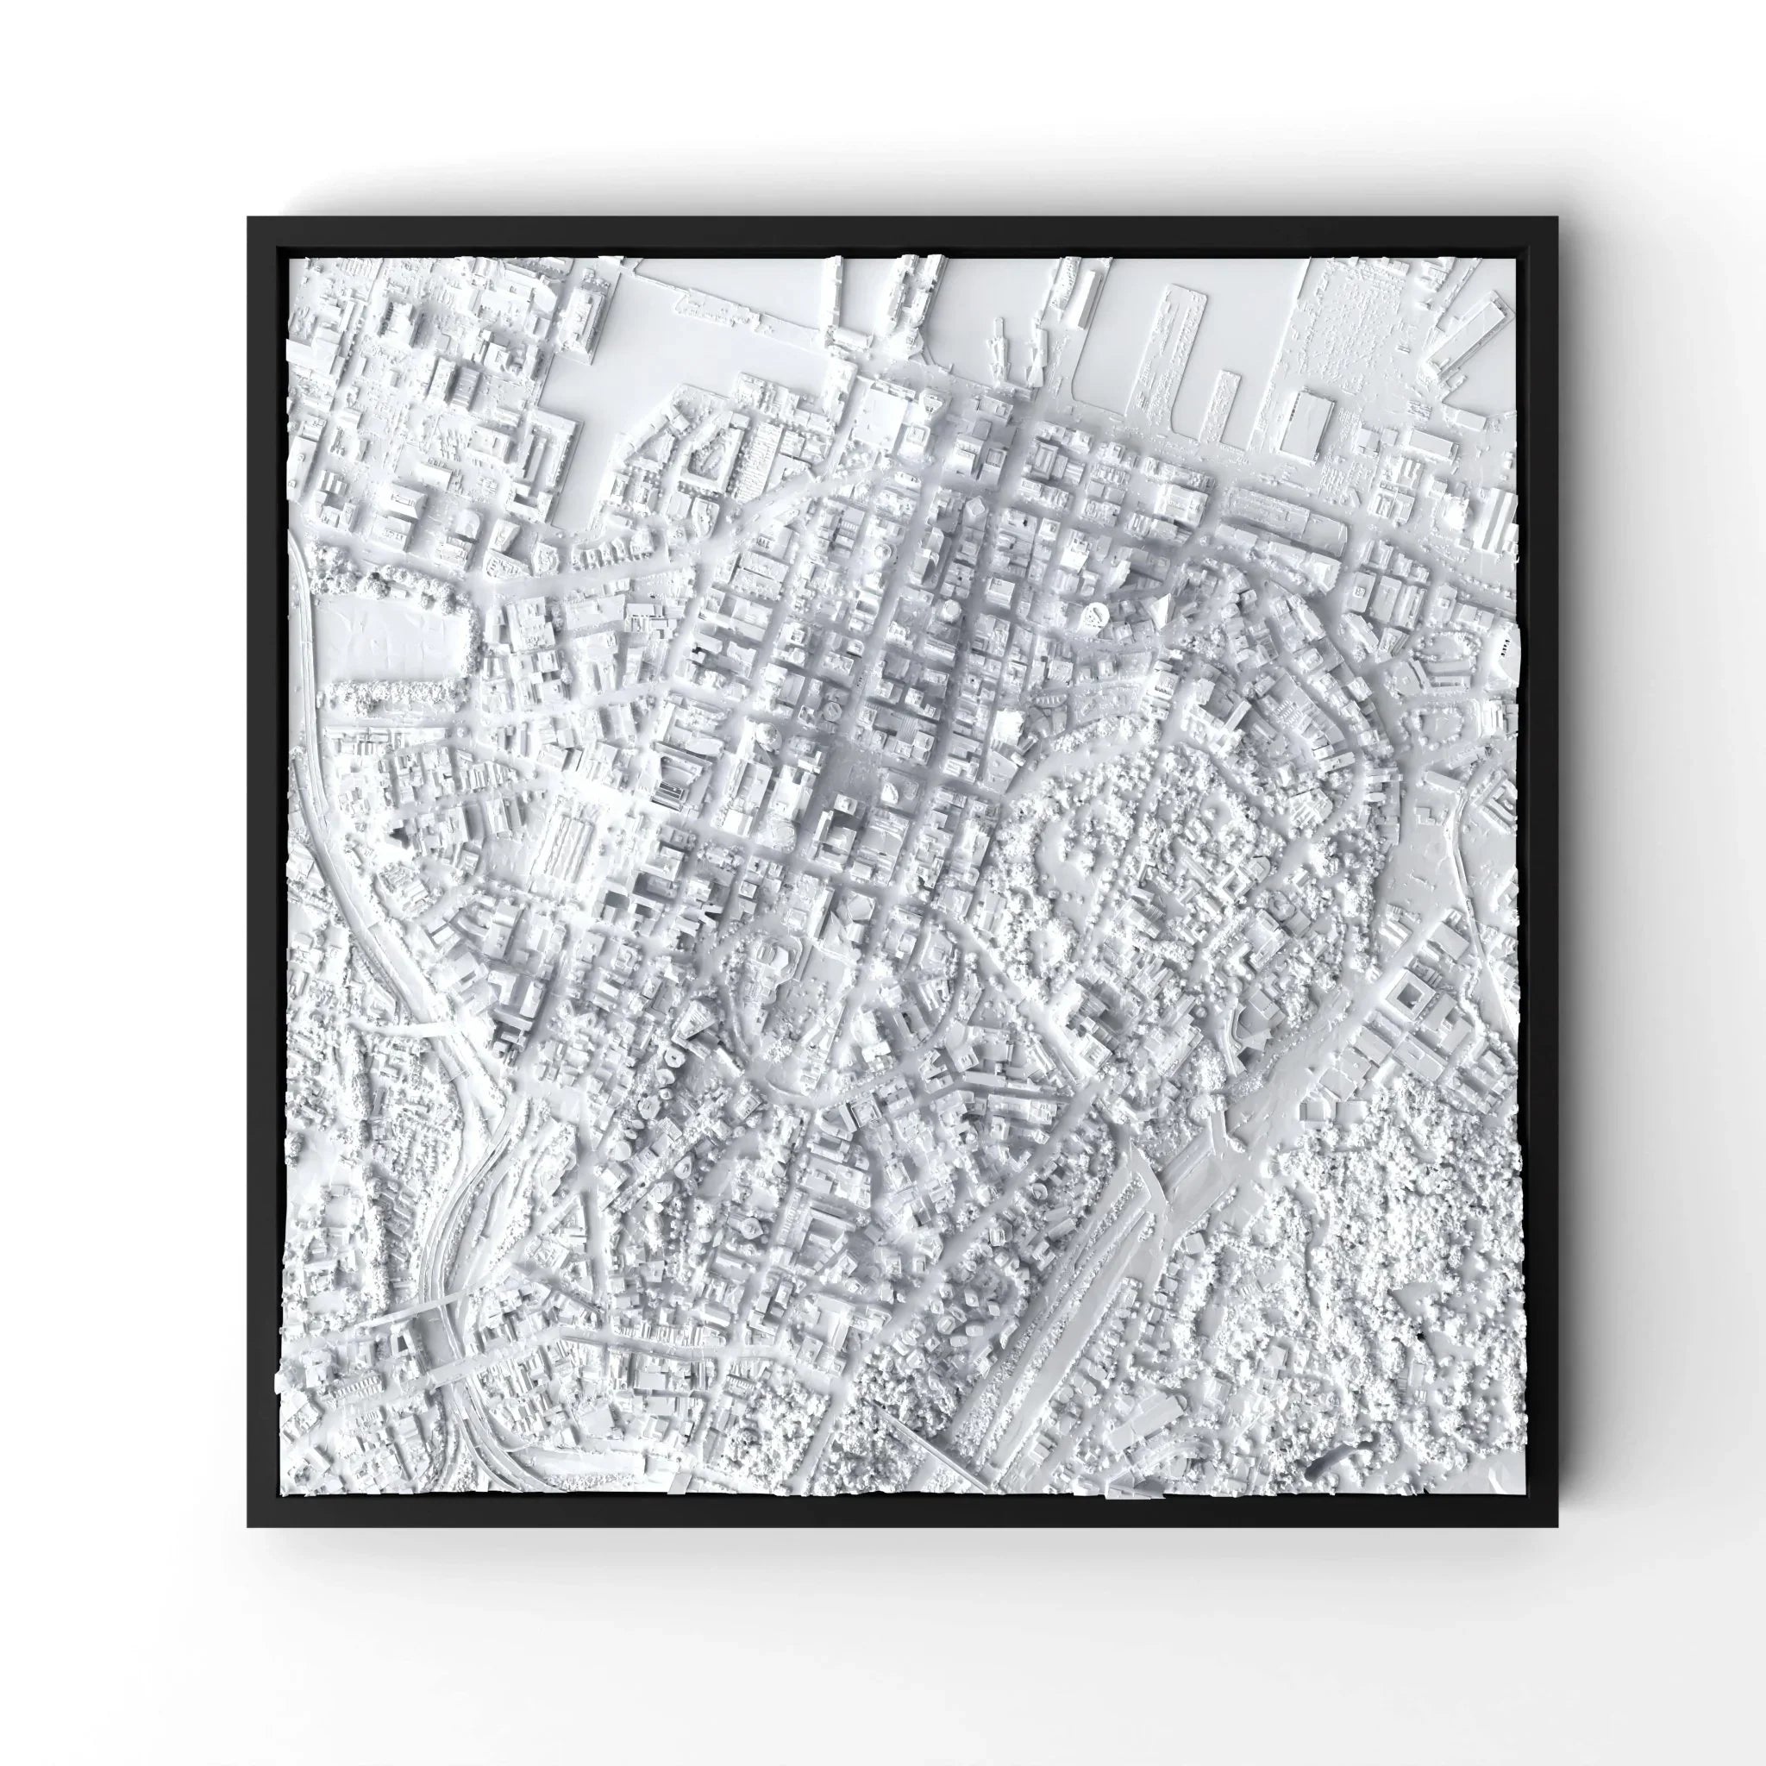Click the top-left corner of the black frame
point(248,217)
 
